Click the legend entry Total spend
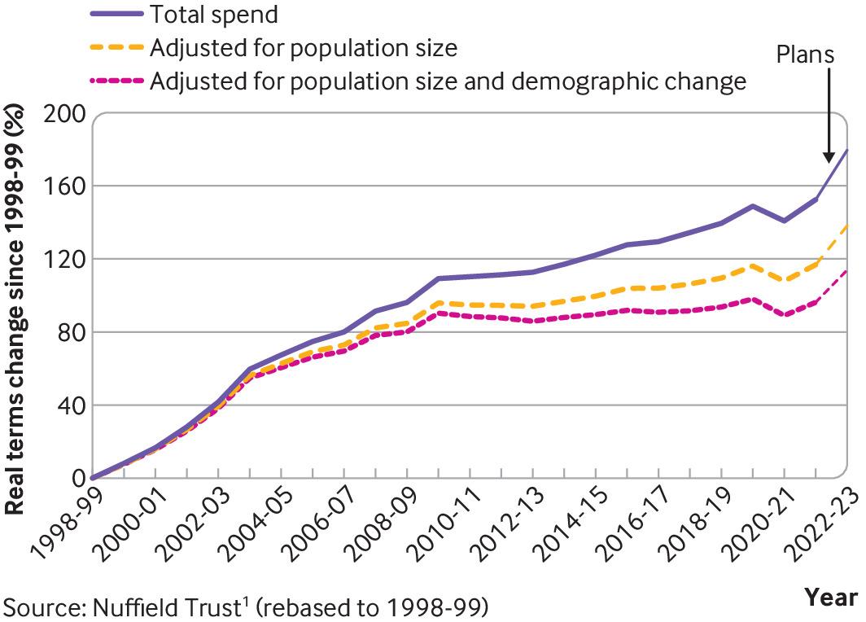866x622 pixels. (215, 15)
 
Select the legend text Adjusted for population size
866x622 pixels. (303, 48)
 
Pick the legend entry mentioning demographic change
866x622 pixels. (448, 81)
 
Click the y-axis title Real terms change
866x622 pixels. (15, 313)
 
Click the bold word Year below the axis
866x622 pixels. (831, 598)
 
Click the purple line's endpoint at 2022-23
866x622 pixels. (847, 150)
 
